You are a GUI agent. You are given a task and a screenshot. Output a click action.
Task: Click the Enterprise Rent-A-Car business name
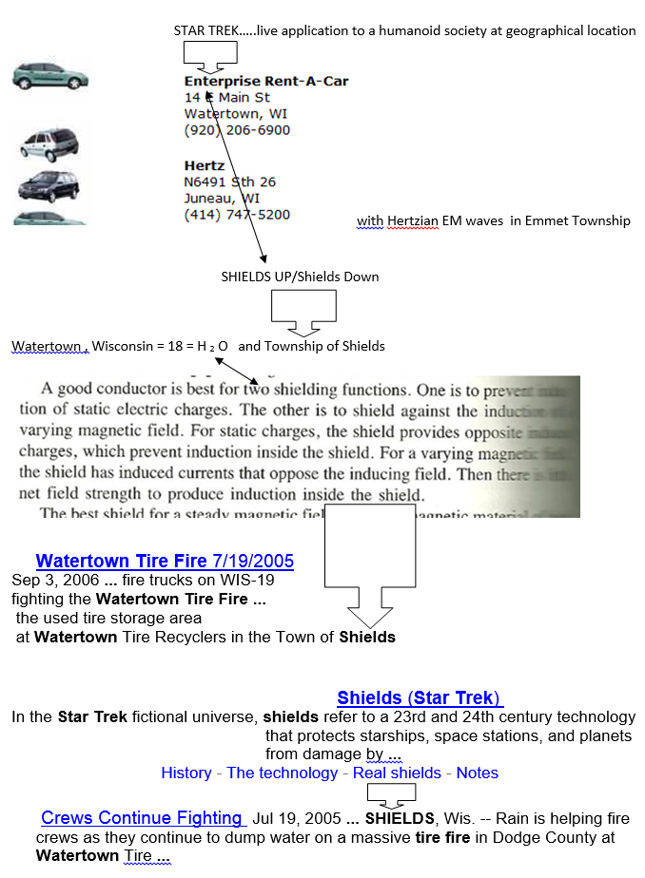pyautogui.click(x=266, y=81)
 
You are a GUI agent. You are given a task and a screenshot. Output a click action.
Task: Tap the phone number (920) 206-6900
pyautogui.click(x=237, y=129)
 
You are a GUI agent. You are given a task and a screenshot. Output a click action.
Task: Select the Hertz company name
pyautogui.click(x=205, y=165)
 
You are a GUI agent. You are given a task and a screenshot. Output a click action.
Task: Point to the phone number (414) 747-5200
pyautogui.click(x=237, y=215)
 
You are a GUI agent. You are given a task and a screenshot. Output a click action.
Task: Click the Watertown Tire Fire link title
pyautogui.click(x=165, y=562)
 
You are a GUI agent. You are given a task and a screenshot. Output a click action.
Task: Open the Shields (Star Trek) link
pyautogui.click(x=420, y=697)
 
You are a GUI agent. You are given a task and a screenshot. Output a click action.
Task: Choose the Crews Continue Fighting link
pyautogui.click(x=142, y=817)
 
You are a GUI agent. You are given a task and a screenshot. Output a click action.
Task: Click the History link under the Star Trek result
pyautogui.click(x=186, y=773)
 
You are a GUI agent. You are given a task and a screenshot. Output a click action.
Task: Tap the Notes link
pyautogui.click(x=477, y=773)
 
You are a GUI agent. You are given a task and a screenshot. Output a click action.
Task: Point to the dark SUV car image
pyautogui.click(x=49, y=183)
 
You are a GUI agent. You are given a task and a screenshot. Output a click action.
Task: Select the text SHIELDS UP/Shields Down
pyautogui.click(x=300, y=277)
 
